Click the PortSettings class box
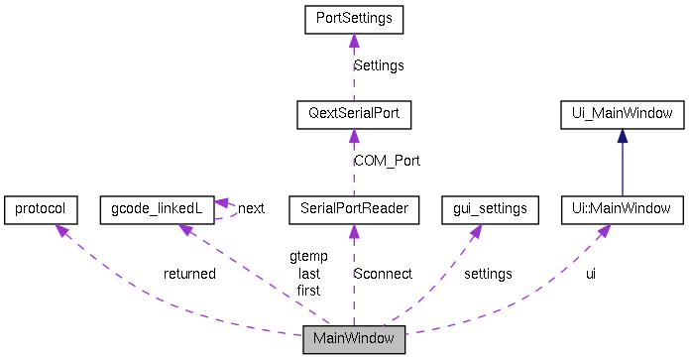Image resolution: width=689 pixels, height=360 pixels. click(x=354, y=19)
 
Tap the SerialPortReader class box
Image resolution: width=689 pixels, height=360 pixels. click(x=354, y=209)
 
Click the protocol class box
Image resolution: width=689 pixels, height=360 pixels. click(x=41, y=209)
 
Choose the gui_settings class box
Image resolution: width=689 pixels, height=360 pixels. click(x=490, y=209)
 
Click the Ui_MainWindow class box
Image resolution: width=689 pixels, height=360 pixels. click(x=622, y=114)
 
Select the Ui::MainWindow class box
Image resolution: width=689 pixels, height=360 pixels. click(x=622, y=209)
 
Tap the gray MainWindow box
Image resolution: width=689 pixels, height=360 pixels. click(x=354, y=339)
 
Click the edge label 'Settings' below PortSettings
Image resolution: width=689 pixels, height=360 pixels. click(x=380, y=66)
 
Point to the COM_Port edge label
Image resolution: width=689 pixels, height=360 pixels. click(x=387, y=161)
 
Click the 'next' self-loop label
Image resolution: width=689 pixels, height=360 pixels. click(x=251, y=208)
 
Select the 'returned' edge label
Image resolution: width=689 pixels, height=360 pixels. click(x=189, y=274)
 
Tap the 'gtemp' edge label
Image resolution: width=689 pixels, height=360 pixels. click(x=308, y=257)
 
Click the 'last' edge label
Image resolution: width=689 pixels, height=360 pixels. click(x=308, y=274)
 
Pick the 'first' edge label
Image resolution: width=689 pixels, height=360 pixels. click(x=308, y=290)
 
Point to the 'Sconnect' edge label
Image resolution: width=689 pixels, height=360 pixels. click(x=383, y=274)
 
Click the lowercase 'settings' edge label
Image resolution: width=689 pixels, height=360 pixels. click(x=488, y=274)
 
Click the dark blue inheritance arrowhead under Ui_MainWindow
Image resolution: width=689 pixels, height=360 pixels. click(x=622, y=134)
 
